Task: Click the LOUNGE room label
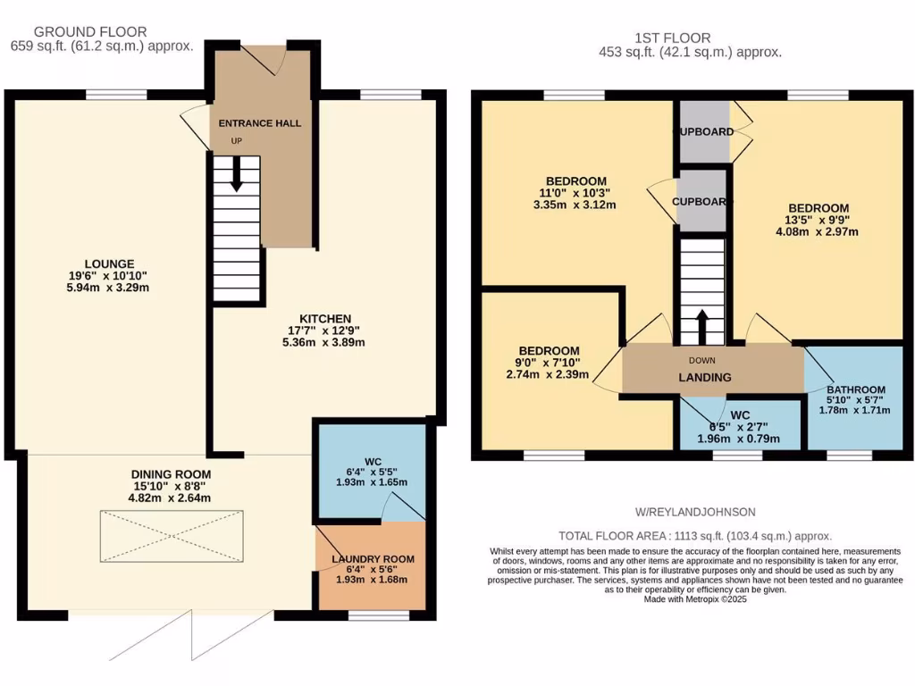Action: [110, 264]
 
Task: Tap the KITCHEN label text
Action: [324, 319]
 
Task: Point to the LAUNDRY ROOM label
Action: [373, 559]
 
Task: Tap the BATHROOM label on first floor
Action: [855, 389]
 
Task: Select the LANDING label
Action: [705, 377]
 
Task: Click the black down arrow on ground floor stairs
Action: [237, 174]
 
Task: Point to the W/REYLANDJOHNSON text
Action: [694, 512]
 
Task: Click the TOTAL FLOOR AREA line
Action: [695, 536]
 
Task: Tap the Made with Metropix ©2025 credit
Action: [695, 599]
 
